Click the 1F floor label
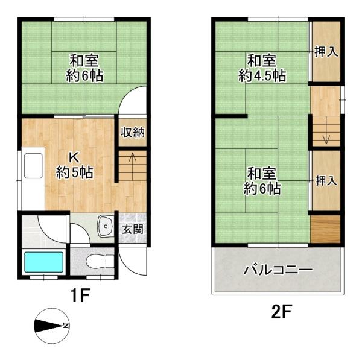click(80, 296)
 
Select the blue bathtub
click(43, 262)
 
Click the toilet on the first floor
click(97, 262)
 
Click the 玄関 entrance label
click(133, 229)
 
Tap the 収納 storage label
click(132, 133)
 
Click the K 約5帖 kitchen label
click(75, 164)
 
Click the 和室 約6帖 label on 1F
click(84, 68)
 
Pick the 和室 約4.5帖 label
click(261, 68)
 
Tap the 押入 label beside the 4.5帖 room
click(326, 52)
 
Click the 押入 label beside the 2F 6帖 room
click(326, 180)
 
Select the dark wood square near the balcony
click(326, 229)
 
